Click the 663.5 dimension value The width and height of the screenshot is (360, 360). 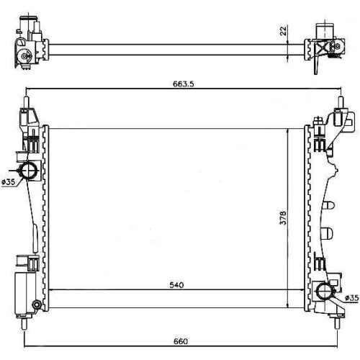(183, 84)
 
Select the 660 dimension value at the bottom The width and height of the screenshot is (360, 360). (180, 341)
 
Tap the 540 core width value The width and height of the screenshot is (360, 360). (176, 285)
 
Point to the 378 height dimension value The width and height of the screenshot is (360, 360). (284, 218)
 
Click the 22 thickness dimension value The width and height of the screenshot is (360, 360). (284, 31)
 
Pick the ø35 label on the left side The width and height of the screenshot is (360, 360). (9, 182)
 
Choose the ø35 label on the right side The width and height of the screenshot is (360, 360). (352, 298)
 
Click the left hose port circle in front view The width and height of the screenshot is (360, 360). (28, 171)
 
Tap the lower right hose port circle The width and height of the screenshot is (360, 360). (325, 291)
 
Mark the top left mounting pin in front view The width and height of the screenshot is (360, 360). (27, 102)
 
